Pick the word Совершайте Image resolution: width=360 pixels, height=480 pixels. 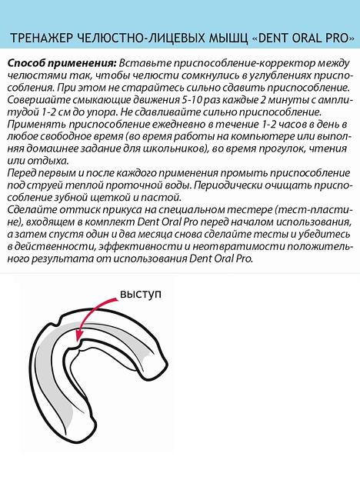coord(38,99)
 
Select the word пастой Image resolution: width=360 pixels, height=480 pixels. coord(145,198)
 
